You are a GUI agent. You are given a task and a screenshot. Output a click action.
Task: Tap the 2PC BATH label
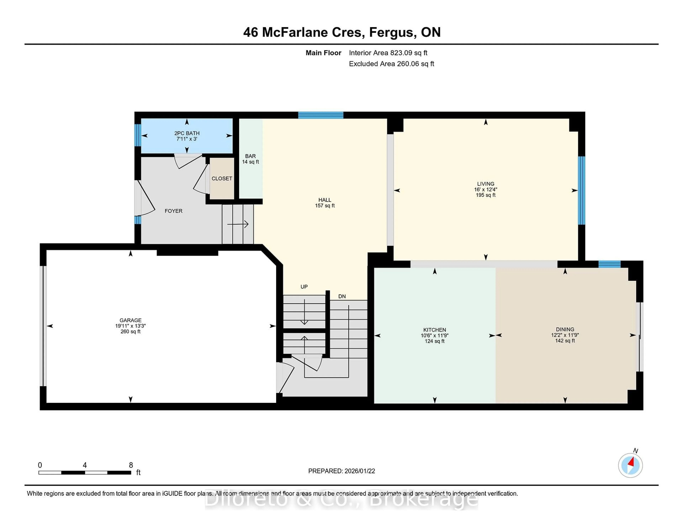tap(187, 133)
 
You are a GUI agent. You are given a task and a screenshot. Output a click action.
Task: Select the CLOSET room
tap(222, 178)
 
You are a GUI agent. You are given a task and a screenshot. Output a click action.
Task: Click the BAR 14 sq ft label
tap(250, 159)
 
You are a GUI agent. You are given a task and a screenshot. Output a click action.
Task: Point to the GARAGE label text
tap(130, 320)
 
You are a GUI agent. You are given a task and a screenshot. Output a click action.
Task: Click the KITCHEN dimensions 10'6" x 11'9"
tap(434, 335)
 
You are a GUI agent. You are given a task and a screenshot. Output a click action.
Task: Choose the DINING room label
tap(565, 329)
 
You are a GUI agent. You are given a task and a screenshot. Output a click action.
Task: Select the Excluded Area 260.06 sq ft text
tap(391, 64)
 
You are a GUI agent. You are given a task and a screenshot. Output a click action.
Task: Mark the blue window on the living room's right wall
tap(581, 191)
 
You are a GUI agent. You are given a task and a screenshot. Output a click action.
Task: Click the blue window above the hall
tap(321, 115)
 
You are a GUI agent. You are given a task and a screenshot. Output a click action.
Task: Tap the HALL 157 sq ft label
tap(325, 203)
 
